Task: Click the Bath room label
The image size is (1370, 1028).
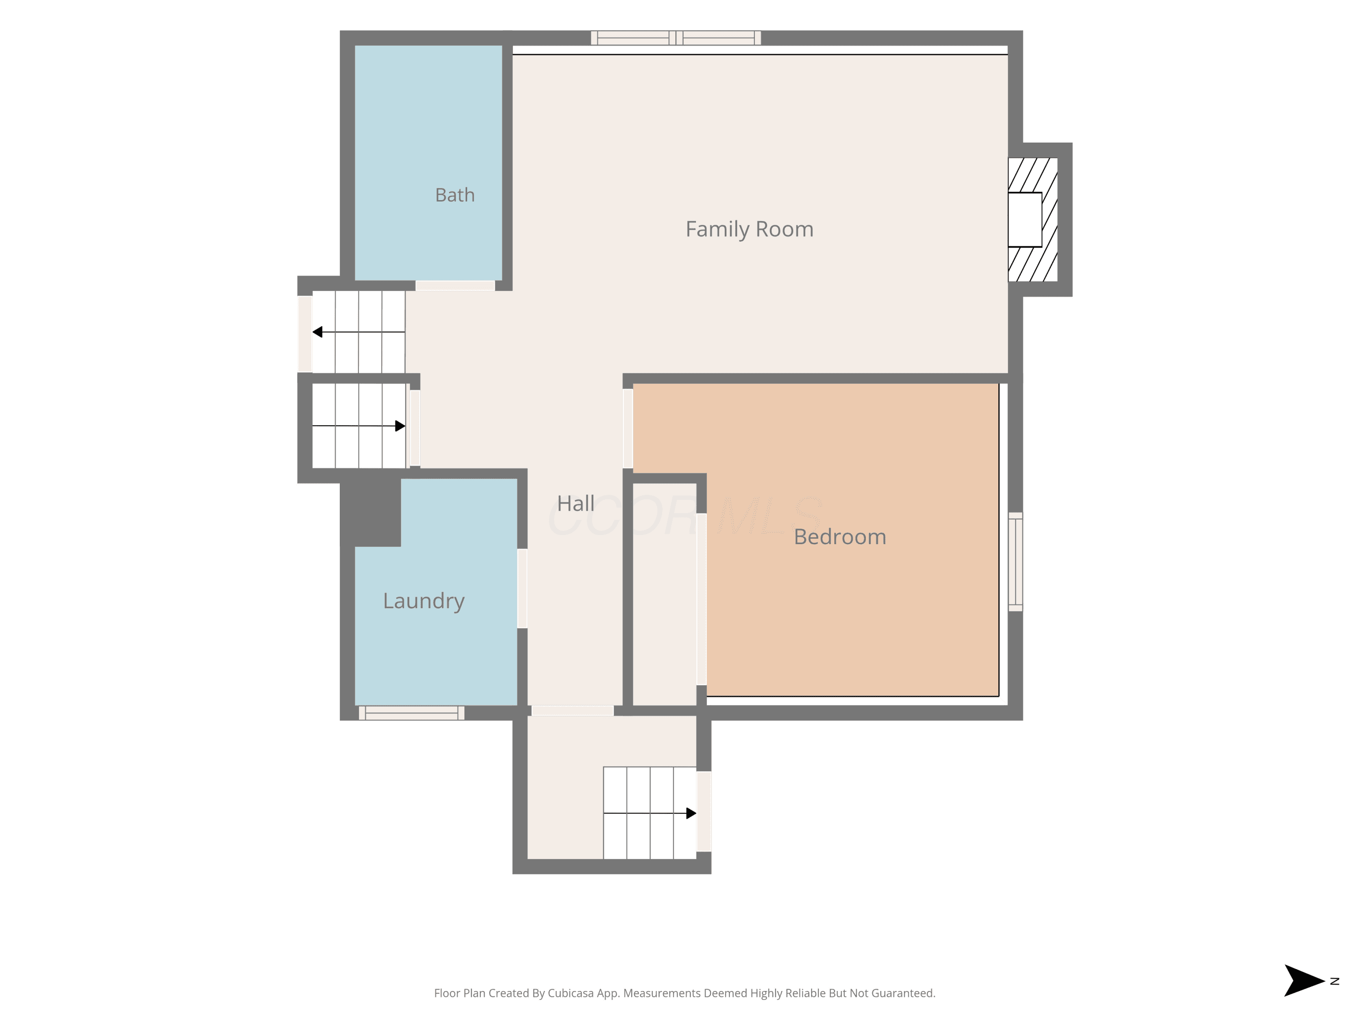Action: tap(454, 195)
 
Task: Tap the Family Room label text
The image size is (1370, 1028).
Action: tap(749, 230)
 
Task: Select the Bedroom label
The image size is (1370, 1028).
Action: tap(840, 537)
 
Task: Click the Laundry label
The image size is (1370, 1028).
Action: tap(424, 602)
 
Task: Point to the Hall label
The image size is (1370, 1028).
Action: tap(575, 503)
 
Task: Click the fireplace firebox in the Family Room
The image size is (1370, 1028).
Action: tap(1025, 220)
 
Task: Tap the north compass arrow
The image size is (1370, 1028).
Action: tap(1304, 981)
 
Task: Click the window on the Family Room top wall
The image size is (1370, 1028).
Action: tap(676, 38)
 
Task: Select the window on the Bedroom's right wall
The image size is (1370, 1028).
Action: tap(1015, 562)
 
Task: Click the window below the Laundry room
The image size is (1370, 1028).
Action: tap(411, 713)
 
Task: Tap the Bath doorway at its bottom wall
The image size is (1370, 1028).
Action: tap(454, 286)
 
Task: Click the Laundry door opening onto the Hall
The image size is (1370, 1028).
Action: tap(522, 588)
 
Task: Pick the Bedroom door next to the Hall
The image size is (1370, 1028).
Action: tap(627, 428)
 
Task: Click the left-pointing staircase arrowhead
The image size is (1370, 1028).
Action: tap(317, 332)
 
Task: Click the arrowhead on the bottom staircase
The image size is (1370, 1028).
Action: tap(691, 813)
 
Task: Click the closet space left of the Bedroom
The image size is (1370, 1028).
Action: tap(664, 593)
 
